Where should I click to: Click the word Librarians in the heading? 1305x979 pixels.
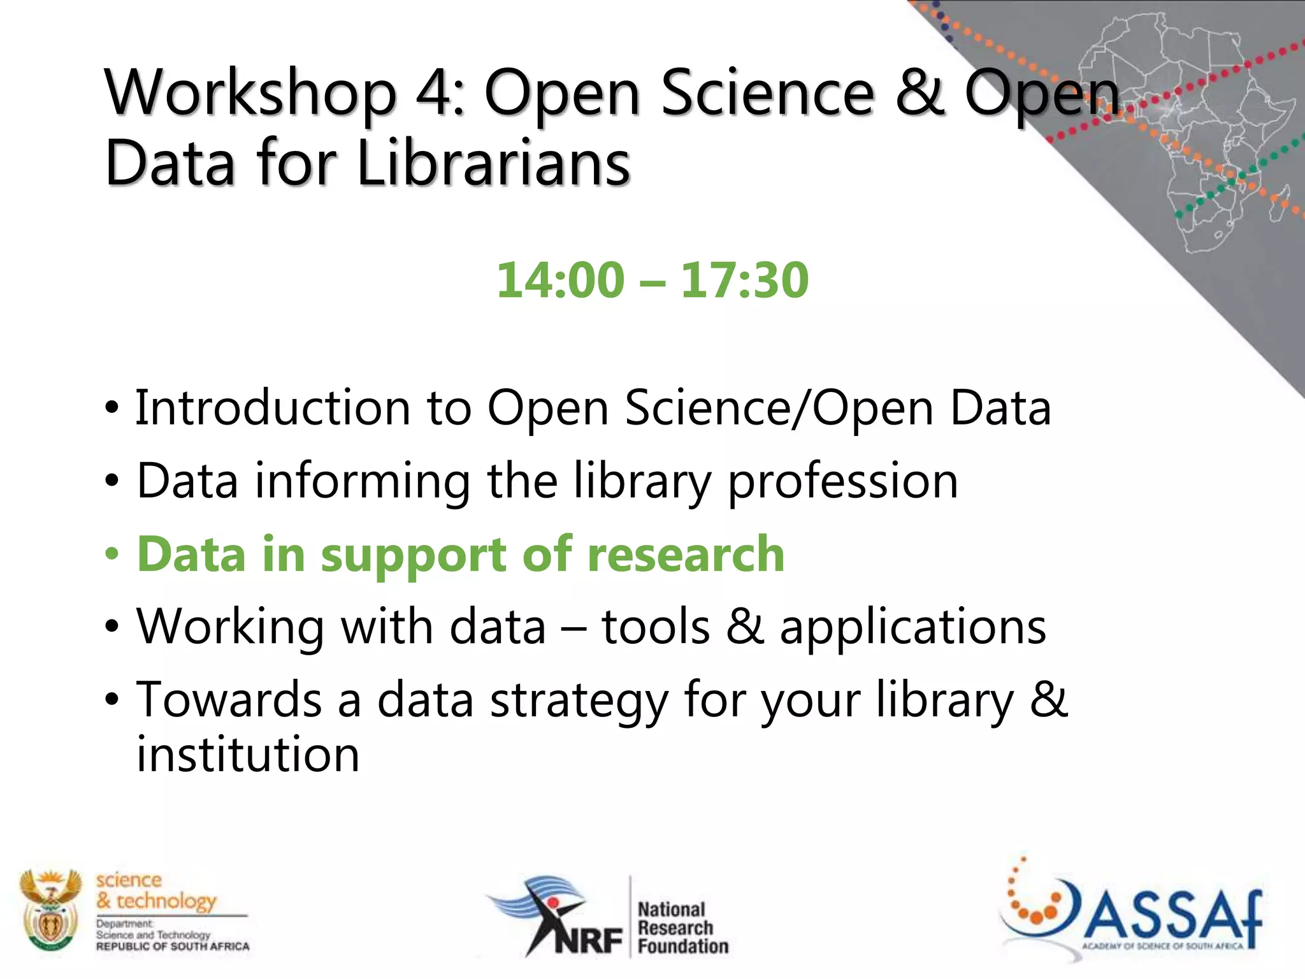pos(494,164)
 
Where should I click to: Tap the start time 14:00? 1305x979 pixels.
pos(560,280)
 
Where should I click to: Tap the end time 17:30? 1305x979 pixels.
pos(744,280)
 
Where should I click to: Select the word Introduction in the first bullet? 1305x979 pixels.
pos(273,407)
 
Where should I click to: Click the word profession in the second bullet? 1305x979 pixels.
pos(842,482)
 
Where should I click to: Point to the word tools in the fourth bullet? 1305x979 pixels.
pos(655,627)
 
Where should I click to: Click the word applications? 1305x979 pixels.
pos(912,628)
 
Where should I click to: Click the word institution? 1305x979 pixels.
pos(248,755)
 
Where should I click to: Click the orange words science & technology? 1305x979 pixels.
pos(156,890)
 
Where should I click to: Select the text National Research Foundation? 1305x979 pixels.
pos(682,927)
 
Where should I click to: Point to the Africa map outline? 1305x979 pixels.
pos(1198,127)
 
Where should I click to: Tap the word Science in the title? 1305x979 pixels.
pos(768,94)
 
